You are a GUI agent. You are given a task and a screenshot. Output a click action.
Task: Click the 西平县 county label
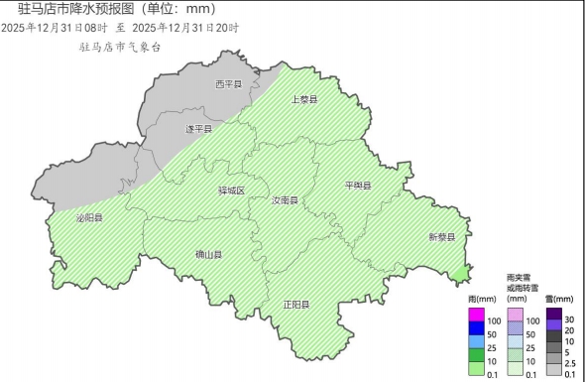tap(229, 84)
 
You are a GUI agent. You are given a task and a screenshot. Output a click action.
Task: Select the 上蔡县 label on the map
tap(303, 100)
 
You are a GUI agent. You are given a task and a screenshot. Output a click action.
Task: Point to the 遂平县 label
tap(199, 129)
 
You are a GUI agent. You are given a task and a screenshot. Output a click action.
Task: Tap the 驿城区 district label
tap(230, 191)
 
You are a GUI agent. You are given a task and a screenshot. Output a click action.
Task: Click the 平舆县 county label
tap(357, 186)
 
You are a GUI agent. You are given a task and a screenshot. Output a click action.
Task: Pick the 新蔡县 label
tap(441, 237)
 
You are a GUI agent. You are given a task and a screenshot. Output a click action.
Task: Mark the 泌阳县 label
tap(89, 217)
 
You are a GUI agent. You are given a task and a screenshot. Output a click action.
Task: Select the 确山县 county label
tap(209, 255)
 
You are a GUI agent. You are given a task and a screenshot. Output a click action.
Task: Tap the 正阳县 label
tap(296, 305)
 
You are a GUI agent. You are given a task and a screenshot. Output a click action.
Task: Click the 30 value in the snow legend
tap(569, 319)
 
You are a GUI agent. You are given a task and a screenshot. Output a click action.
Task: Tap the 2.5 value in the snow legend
tap(570, 363)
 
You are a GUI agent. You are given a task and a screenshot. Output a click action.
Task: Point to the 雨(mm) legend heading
tap(482, 299)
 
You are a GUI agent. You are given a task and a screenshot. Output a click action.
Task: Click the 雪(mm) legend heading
tap(559, 299)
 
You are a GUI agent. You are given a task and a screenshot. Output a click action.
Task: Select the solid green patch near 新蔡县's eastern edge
tap(459, 272)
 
